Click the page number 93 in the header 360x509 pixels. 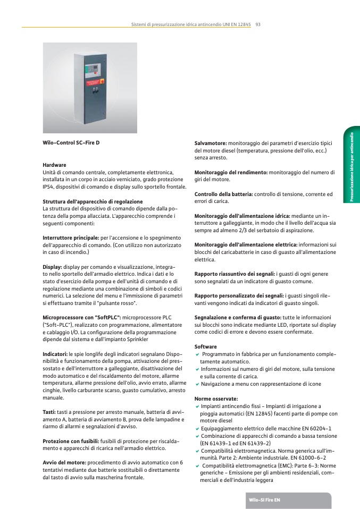[258, 24]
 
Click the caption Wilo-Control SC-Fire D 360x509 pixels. [71, 143]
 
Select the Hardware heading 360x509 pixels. [54, 165]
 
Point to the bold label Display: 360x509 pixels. [52, 268]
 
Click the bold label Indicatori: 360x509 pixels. [55, 353]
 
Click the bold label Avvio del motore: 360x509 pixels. [64, 463]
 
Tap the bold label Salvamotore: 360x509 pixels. [211, 143]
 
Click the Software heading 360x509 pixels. [205, 346]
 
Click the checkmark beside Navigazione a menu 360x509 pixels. [197, 384]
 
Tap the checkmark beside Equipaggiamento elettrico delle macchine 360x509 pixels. [197, 428]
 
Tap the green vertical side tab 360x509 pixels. [351, 164]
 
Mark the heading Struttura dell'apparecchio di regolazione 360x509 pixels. [93, 202]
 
